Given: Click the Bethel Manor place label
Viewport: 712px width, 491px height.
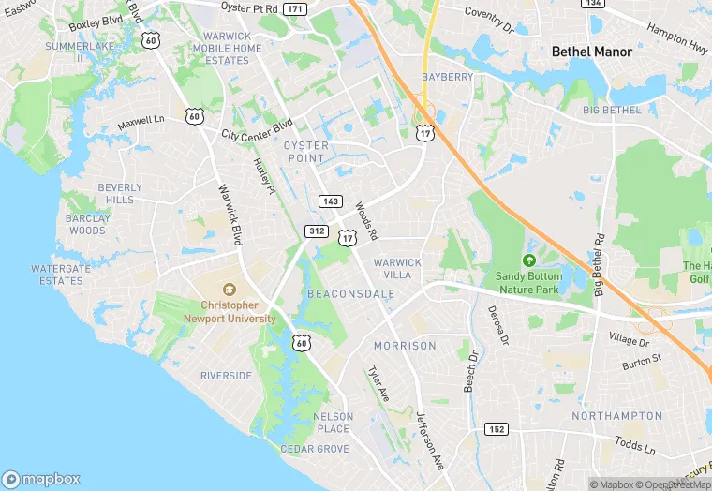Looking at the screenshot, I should point(591,52).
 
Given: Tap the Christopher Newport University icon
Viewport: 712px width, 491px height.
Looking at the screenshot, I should point(229,289).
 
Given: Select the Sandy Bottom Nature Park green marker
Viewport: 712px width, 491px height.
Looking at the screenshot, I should point(529,260).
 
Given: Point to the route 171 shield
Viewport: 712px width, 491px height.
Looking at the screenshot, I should point(295,8).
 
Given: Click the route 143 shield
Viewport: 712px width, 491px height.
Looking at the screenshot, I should point(329,201).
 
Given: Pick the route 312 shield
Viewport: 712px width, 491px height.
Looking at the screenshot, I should point(316,231).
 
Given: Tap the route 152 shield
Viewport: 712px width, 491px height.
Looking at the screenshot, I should point(497,428).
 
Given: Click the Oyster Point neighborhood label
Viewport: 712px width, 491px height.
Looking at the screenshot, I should point(306,152).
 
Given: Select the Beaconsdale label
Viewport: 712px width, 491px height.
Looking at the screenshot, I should point(350,293).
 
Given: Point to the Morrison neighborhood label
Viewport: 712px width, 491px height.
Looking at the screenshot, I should point(405,346).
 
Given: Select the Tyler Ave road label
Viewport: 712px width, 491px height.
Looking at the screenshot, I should point(378,384).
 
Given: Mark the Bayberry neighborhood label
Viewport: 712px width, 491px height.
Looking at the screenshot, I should point(447,76).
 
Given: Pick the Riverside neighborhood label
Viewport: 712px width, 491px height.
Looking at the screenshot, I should point(226,376).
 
